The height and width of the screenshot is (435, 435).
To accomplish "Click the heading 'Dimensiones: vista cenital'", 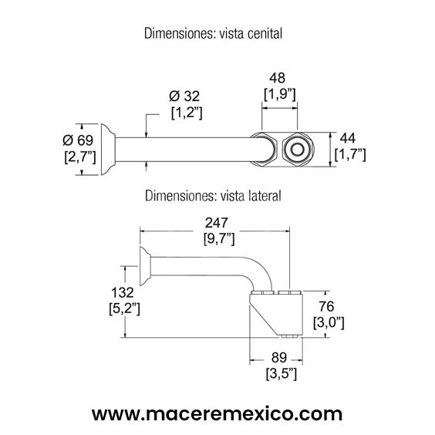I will coord(214,34).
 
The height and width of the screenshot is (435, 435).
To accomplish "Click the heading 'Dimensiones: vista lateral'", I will coord(214,196).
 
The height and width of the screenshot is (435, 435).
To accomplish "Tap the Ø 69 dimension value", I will coord(79,140).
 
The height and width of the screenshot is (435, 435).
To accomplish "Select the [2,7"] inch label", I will coord(79,157).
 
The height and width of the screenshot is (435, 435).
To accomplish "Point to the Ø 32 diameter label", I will coord(185,96).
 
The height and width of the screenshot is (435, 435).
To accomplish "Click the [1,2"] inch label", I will coord(187,113).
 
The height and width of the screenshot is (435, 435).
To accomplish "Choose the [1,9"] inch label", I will coord(280,94).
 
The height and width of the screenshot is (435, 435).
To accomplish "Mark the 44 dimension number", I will coord(348,137).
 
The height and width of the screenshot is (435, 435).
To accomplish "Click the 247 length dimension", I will coord(215,222).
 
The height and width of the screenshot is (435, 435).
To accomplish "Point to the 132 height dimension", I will coord(123,292).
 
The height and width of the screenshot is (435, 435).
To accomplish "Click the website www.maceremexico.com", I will coord(217,413).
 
